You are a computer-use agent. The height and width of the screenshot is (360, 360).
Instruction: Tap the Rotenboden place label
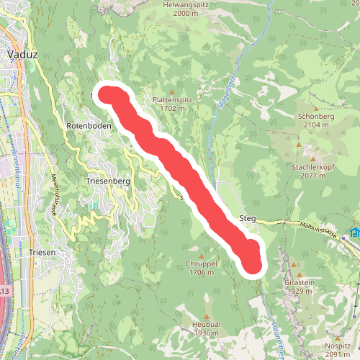click(x=86, y=126)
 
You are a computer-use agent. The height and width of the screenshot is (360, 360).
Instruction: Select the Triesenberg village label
click(x=107, y=182)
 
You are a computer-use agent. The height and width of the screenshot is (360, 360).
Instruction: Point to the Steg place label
click(x=246, y=218)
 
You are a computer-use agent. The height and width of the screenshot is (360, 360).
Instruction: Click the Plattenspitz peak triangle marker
click(x=171, y=91)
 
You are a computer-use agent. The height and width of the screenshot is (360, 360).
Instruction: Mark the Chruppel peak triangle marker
click(x=202, y=256)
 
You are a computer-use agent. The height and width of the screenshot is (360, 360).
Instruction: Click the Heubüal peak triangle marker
click(x=206, y=316)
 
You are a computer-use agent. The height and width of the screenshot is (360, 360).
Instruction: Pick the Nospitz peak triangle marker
click(x=338, y=336)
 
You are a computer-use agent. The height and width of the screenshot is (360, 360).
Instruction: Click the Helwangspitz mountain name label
click(x=181, y=4)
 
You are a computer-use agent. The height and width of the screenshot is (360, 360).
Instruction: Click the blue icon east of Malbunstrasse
click(x=354, y=233)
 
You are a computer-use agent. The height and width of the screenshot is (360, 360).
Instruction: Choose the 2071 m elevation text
click(x=314, y=176)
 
